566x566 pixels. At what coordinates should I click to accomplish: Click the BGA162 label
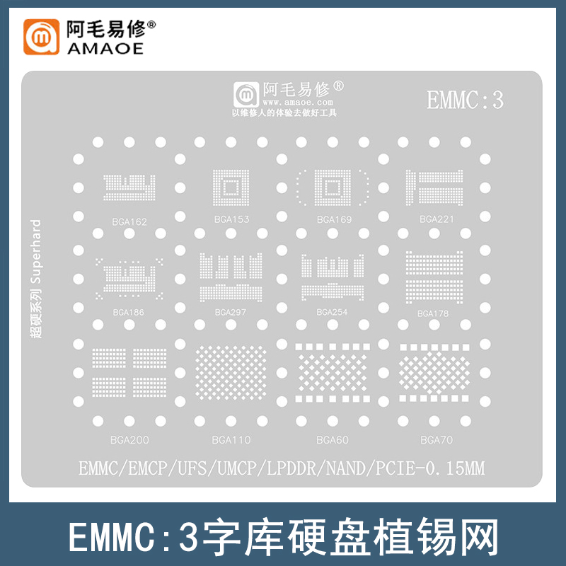coord(129,222)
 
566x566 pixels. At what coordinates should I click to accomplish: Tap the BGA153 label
coord(231,219)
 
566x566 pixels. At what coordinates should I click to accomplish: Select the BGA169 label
coord(334,219)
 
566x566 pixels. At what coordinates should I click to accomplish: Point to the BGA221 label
coord(436,219)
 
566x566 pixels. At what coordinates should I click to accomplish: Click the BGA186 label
coord(129,312)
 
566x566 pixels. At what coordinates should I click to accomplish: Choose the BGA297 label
coord(231,312)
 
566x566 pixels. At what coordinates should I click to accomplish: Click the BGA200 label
coord(129,440)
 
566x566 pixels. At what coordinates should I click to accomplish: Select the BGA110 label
coord(231,440)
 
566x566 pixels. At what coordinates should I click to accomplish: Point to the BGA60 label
coord(332,440)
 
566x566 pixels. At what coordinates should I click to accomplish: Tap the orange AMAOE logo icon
coord(43,37)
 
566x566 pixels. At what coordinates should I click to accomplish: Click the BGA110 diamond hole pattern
coord(231,371)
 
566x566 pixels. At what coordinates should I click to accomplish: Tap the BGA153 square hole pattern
coord(231,187)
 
